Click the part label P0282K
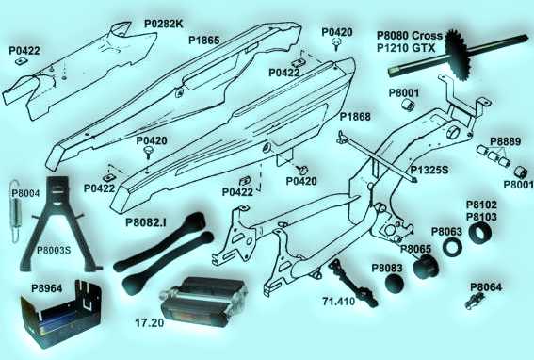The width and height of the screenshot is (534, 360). (164, 25)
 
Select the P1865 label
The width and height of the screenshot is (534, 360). (204, 41)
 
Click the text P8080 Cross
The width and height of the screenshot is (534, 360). (410, 36)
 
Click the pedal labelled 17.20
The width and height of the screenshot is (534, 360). (203, 303)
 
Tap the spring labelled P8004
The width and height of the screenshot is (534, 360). (15, 211)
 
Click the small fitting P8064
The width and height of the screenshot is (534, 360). (476, 301)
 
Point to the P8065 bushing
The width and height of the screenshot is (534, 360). (425, 264)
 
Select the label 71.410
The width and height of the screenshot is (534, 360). (338, 302)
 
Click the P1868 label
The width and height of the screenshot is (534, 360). (355, 117)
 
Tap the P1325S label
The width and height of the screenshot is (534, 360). (429, 170)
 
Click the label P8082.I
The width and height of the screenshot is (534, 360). (146, 222)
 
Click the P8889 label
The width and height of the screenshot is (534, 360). (506, 141)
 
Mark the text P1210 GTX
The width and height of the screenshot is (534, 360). (406, 48)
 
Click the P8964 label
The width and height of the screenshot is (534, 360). (47, 288)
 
